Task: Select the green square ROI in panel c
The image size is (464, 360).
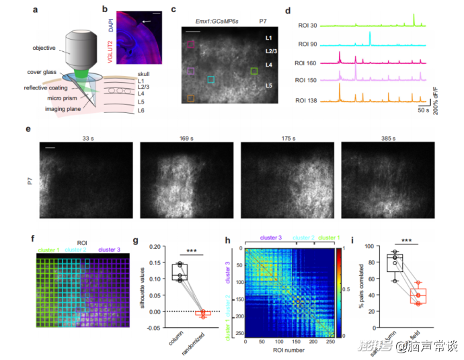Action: click(x=254, y=70)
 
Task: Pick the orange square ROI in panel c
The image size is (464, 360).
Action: click(x=190, y=98)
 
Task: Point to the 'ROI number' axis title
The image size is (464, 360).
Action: click(x=287, y=349)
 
